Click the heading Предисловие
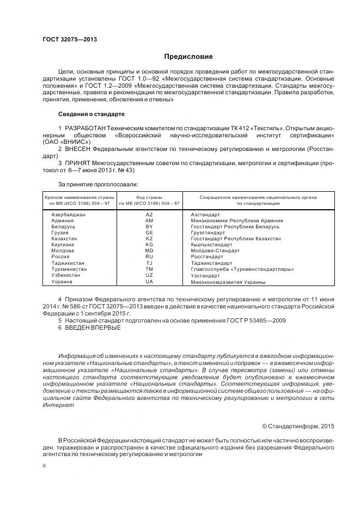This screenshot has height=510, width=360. coord(189,57)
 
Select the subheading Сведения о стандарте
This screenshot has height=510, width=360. coord(91,114)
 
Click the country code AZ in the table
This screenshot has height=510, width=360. coord(149,215)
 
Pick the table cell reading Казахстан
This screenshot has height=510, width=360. coord(64,239)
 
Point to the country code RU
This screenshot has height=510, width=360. coord(149,257)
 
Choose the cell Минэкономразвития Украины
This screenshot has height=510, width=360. coord(228,282)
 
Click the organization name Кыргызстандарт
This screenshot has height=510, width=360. coord(211,245)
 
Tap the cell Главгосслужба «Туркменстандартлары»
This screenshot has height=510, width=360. coord(242,269)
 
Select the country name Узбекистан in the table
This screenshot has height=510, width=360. coord(65,275)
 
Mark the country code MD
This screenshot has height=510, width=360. coord(149,251)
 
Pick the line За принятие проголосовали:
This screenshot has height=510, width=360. coord(98,185)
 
